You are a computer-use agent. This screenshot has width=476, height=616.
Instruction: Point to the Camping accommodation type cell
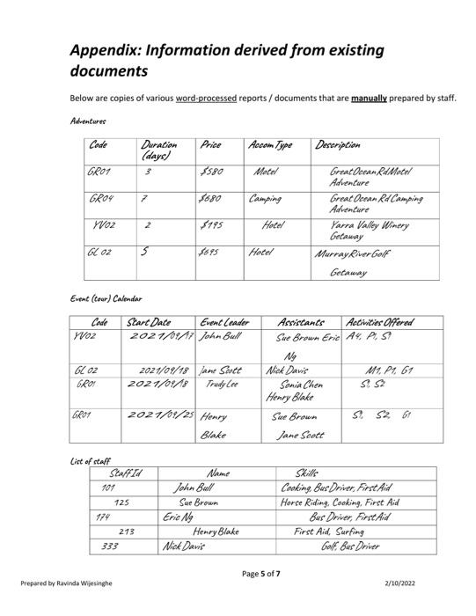pos(265,200)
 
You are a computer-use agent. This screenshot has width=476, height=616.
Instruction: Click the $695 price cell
pos(211,252)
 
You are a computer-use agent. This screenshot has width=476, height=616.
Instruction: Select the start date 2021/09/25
pos(160,414)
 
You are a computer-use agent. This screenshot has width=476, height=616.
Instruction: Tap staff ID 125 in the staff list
pos(122,502)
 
